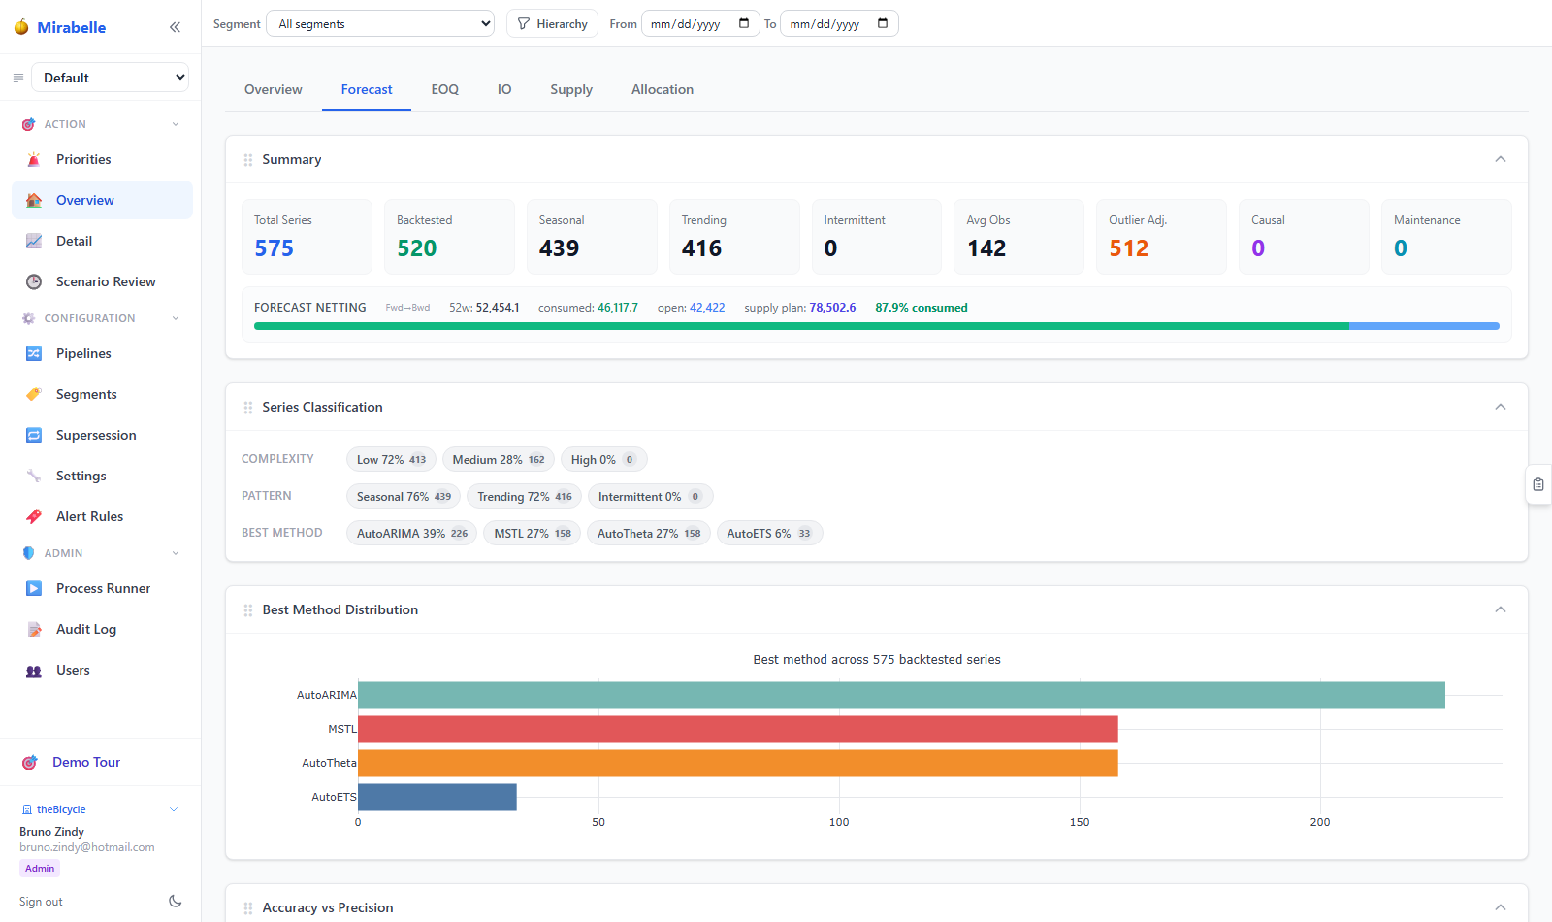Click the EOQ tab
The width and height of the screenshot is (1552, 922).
pyautogui.click(x=445, y=89)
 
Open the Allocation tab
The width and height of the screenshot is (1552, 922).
pyautogui.click(x=662, y=89)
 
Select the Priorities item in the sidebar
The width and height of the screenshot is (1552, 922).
pyautogui.click(x=83, y=159)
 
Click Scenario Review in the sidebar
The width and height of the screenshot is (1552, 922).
pyautogui.click(x=106, y=281)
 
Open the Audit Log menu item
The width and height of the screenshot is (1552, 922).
pyautogui.click(x=86, y=629)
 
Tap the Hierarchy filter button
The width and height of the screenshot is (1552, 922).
pyautogui.click(x=552, y=24)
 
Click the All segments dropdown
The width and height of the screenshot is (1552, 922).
pyautogui.click(x=380, y=24)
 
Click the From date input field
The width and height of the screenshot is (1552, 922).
pyautogui.click(x=699, y=24)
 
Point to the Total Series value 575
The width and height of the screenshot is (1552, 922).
pyautogui.click(x=274, y=247)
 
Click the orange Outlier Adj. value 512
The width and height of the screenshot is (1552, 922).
pyautogui.click(x=1129, y=247)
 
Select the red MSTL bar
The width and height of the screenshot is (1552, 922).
pyautogui.click(x=738, y=729)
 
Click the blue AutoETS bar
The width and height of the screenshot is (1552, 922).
pyautogui.click(x=437, y=797)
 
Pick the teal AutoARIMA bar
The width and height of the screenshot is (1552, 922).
pyautogui.click(x=901, y=695)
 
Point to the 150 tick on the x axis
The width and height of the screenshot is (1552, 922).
pyautogui.click(x=1080, y=822)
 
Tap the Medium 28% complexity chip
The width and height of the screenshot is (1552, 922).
pyautogui.click(x=499, y=460)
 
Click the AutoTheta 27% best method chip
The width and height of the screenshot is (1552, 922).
pyautogui.click(x=649, y=533)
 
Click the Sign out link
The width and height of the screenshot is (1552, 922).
pyautogui.click(x=41, y=902)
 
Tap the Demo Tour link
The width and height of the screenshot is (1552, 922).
pyautogui.click(x=86, y=762)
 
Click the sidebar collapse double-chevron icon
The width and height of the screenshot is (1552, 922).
pyautogui.click(x=175, y=27)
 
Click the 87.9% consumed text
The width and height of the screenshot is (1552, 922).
pyautogui.click(x=921, y=307)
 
